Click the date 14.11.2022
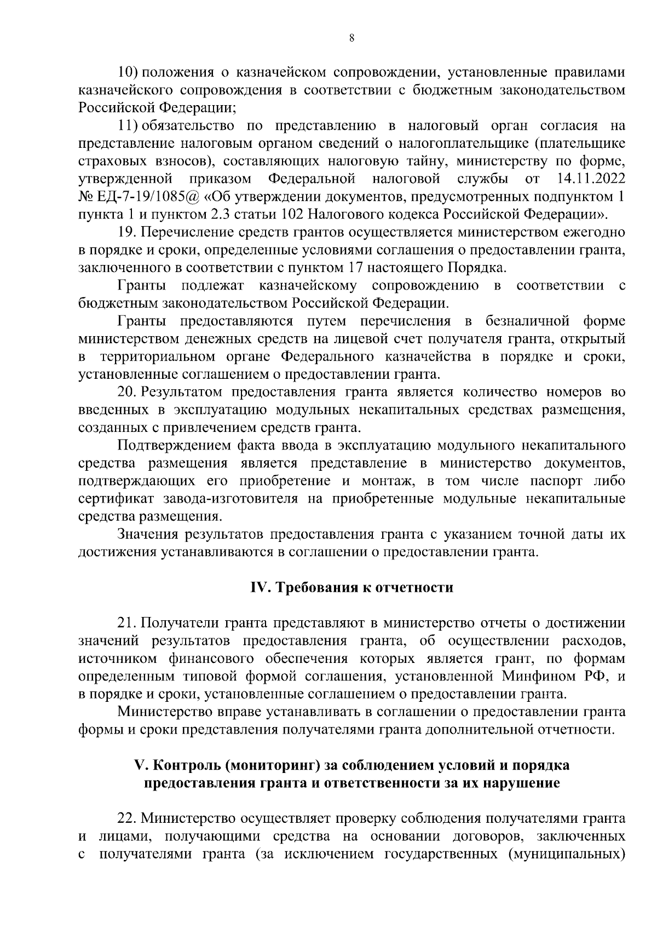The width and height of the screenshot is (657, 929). coord(591,179)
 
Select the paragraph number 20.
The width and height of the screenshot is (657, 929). coord(128,392)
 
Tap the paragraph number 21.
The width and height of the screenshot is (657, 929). coord(128,623)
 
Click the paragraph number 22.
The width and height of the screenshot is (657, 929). coord(128,818)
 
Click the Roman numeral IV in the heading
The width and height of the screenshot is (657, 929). coord(257,587)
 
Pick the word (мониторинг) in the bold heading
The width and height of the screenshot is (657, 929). coord(272,765)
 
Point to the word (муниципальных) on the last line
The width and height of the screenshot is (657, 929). coord(568,853)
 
